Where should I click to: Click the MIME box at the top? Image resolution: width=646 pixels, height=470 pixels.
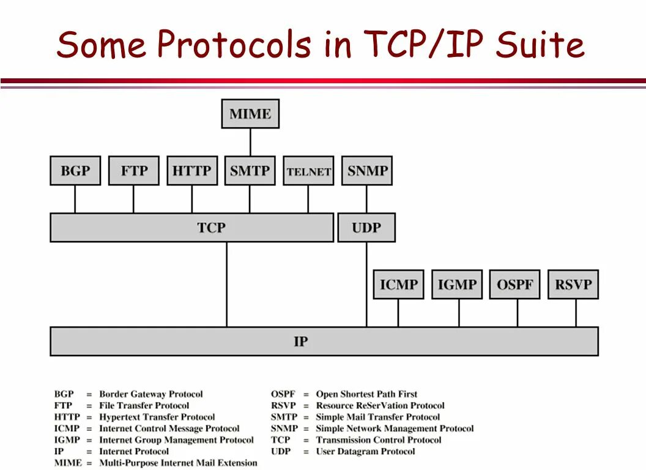tap(250, 114)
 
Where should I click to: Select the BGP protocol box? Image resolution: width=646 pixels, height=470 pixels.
tap(75, 171)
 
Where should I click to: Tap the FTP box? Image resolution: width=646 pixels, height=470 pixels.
tap(133, 171)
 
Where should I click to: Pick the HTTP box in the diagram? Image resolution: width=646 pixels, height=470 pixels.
tap(191, 171)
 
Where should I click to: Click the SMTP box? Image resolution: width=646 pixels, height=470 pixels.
tap(250, 171)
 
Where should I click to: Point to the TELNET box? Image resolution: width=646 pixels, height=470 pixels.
tap(308, 171)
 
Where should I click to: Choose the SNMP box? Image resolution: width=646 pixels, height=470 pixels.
tap(367, 171)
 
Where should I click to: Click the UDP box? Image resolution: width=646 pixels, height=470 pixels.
tap(366, 228)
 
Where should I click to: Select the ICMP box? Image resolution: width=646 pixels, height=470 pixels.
tap(398, 285)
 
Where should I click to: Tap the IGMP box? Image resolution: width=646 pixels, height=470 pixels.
tap(457, 285)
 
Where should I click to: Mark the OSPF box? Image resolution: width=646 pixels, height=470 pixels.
tap(514, 285)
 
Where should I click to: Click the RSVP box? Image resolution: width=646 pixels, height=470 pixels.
tap(573, 285)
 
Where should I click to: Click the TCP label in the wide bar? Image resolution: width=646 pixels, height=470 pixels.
tap(211, 228)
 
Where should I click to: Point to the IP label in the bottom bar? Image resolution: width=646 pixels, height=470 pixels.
tap(300, 341)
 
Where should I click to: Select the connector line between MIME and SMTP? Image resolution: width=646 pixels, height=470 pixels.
tap(250, 142)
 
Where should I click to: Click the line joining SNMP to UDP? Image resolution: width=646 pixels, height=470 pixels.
tap(367, 199)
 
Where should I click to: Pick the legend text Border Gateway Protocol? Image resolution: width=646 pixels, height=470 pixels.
tap(150, 394)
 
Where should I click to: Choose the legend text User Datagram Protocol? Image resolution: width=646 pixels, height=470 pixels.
tap(365, 452)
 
